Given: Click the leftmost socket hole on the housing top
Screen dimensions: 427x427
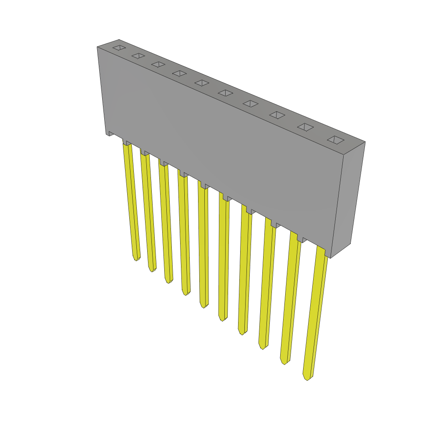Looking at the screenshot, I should [x=119, y=48].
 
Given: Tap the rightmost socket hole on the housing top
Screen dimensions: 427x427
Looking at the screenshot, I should [x=336, y=140].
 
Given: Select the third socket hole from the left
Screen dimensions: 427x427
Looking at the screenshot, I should [x=158, y=64].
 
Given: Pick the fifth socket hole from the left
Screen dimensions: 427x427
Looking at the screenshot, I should [x=202, y=83].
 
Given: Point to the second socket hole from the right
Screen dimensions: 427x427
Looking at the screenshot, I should [x=305, y=127].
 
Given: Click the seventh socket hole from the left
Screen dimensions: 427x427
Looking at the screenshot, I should [x=251, y=103].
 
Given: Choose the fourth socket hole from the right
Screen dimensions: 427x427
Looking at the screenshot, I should [x=251, y=103].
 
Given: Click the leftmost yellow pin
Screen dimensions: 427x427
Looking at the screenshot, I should [x=131, y=200].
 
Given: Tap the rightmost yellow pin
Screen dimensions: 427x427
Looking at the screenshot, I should [x=316, y=313].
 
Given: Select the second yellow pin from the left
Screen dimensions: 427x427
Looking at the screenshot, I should [x=148, y=211].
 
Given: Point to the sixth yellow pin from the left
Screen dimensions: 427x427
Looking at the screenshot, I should [x=223, y=259].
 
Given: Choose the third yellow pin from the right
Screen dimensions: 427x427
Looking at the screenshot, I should [x=266, y=284].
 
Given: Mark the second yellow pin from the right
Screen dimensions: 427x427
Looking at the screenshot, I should [x=290, y=298].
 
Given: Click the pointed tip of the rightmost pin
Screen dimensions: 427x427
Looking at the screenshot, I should [x=307, y=378].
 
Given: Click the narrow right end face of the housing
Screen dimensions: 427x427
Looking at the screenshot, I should [x=347, y=200].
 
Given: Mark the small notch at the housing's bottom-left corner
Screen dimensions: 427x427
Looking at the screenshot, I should [x=111, y=133].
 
